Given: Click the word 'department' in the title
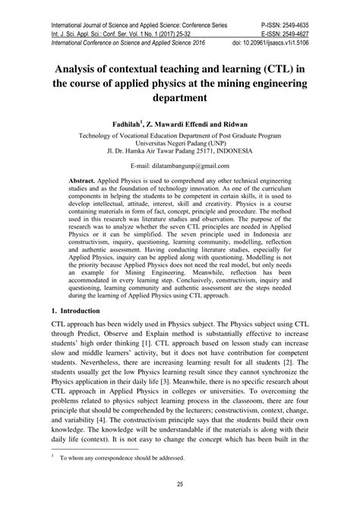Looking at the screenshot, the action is click(179, 98).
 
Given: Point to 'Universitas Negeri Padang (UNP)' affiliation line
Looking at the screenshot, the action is click(179, 141).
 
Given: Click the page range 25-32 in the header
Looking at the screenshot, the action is click(171, 21).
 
